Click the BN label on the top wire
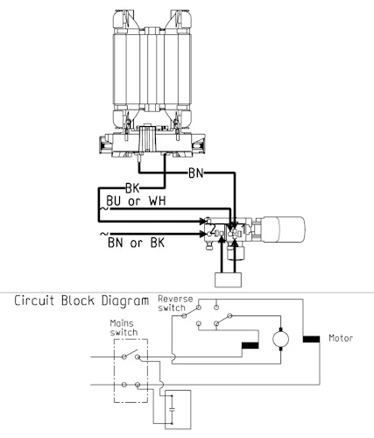(195, 173)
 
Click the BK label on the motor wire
(132, 188)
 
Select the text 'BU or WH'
(136, 201)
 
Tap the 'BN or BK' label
(136, 243)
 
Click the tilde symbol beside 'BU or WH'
(104, 208)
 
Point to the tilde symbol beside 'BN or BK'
(104, 234)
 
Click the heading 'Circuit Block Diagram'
(81, 300)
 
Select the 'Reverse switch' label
(175, 303)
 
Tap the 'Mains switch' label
(123, 328)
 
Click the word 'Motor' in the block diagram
(341, 338)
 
